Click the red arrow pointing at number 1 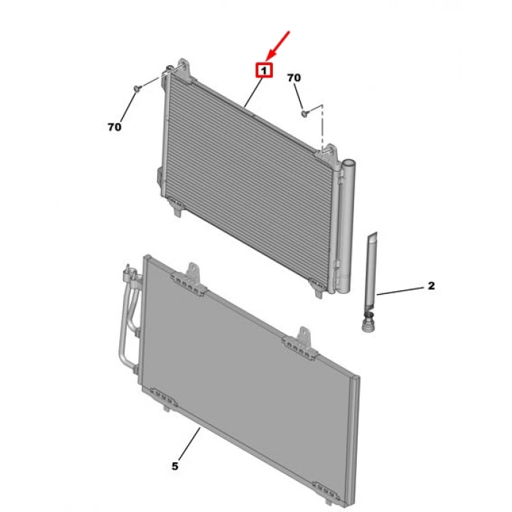coord(277,46)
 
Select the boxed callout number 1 coord(264,70)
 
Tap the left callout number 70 coord(114,127)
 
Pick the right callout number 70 coord(294,78)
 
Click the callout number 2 coord(432,286)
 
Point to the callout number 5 coord(175,467)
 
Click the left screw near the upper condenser coord(138,89)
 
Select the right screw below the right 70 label coord(305,113)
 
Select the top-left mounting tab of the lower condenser coord(190,279)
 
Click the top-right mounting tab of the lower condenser coord(301,344)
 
